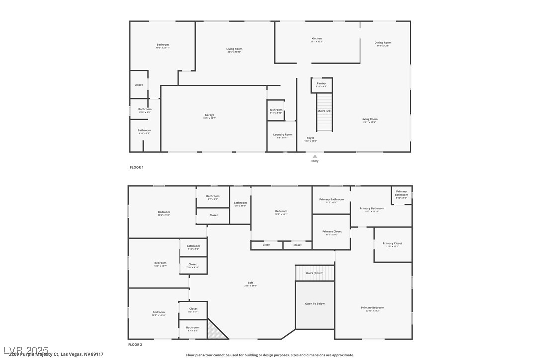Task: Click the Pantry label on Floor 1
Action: point(321,84)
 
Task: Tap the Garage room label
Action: point(209,115)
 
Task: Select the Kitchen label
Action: point(317,39)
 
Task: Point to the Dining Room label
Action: point(383,43)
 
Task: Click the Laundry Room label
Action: point(283,135)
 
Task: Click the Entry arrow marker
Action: point(315,156)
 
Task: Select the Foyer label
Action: point(310,138)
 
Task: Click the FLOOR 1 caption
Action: point(137,168)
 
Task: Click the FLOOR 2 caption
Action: point(135,345)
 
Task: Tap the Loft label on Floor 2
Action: point(251,283)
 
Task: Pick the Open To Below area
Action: point(315,304)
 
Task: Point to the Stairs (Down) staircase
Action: point(314,272)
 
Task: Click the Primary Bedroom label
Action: point(373,308)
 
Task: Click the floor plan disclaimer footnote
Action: point(270,355)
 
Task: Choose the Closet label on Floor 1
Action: point(139,85)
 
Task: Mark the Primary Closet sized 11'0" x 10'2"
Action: point(332,232)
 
